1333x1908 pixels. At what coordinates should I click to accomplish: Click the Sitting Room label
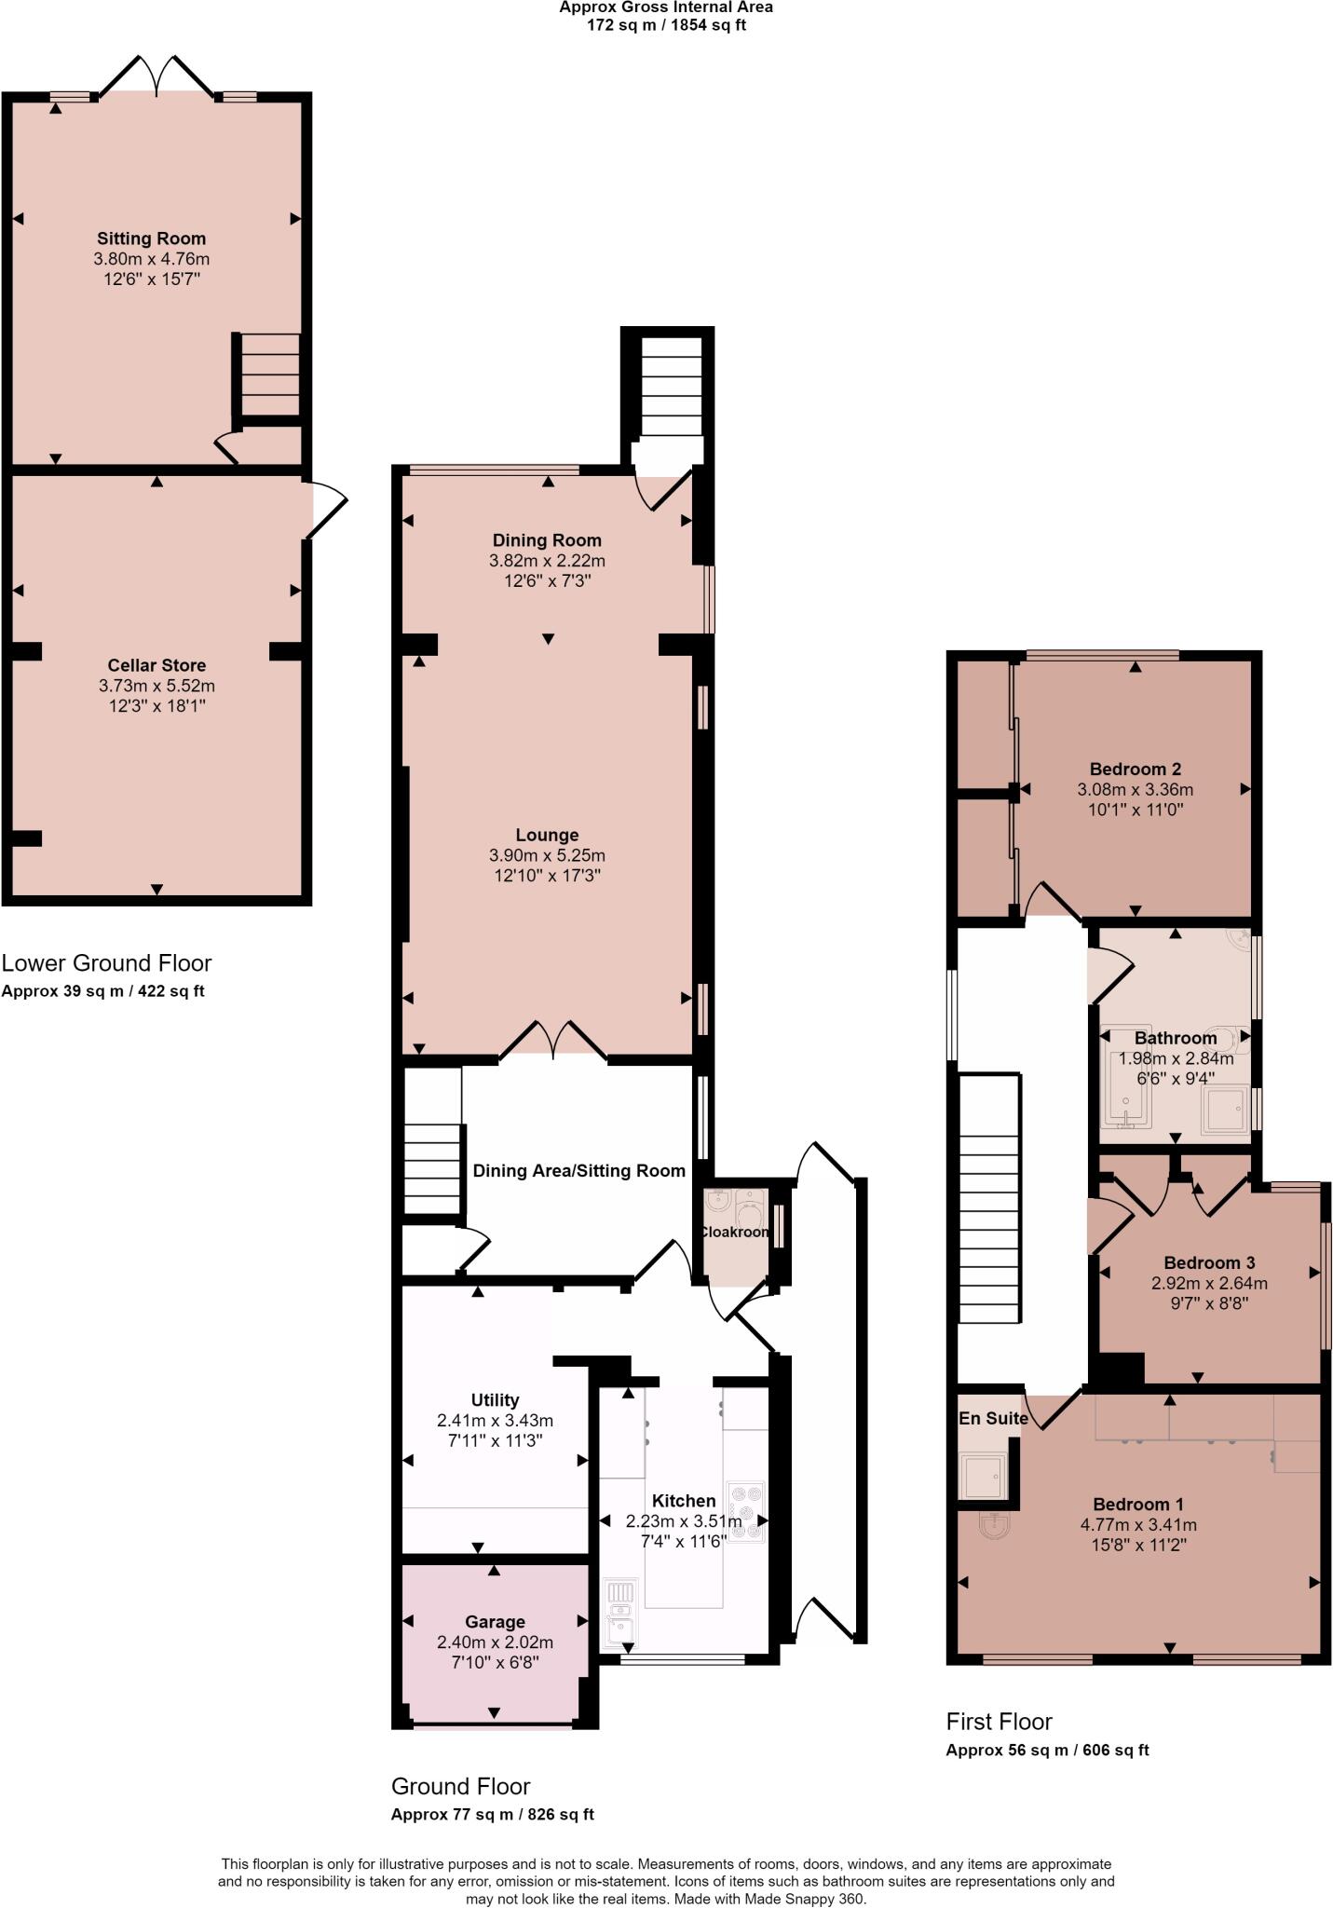tap(151, 238)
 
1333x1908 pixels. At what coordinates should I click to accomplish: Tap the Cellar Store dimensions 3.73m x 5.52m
tap(156, 686)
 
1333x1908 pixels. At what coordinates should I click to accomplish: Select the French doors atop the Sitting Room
tap(156, 75)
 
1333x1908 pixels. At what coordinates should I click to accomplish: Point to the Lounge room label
tap(547, 835)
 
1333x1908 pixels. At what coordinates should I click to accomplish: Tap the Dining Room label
tap(547, 540)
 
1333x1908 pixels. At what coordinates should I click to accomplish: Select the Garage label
tap(495, 1622)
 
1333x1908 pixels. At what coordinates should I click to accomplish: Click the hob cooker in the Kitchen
tap(747, 1512)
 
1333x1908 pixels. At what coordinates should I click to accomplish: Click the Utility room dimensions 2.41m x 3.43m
tap(495, 1421)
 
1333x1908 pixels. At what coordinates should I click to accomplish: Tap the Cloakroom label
tap(735, 1232)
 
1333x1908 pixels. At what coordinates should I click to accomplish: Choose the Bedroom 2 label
tap(1135, 769)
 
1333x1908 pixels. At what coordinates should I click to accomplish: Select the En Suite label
tap(993, 1418)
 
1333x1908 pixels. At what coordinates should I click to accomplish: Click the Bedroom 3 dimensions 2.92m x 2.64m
tap(1209, 1283)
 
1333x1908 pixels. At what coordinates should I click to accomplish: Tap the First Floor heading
tap(999, 1722)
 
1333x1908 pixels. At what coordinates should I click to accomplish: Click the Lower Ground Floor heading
tap(106, 962)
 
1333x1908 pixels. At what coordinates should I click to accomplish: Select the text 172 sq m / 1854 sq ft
tap(665, 25)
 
